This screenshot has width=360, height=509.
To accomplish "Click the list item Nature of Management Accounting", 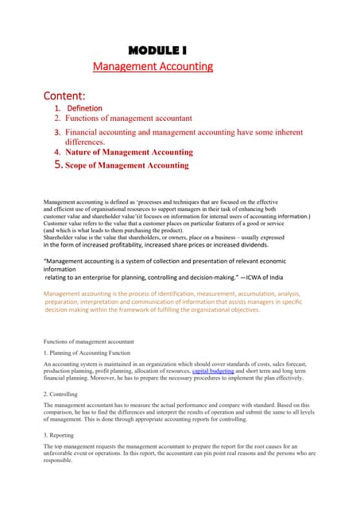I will (129, 151).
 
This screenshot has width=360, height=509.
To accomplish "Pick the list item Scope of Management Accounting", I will (127, 165).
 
